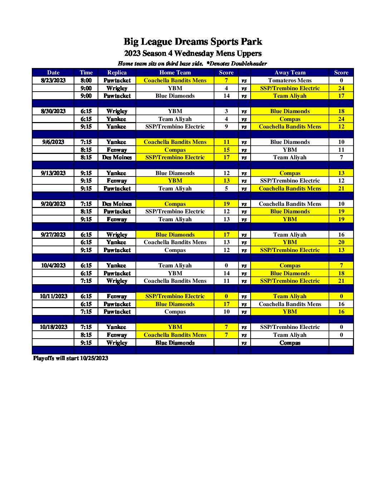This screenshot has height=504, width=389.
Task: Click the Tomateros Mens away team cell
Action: (x=290, y=81)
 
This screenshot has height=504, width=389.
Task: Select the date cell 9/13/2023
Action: (x=53, y=173)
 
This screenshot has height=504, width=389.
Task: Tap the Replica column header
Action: (x=117, y=73)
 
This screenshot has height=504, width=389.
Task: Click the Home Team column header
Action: (x=175, y=73)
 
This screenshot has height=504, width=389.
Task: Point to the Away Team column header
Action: (x=290, y=73)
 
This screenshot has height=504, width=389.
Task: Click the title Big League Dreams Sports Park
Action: (x=193, y=42)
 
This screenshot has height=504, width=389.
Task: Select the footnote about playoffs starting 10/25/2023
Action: (x=70, y=358)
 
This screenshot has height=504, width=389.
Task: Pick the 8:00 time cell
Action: (x=86, y=81)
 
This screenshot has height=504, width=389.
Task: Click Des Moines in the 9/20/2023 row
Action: (x=117, y=204)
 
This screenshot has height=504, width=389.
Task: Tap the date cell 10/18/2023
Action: (x=53, y=327)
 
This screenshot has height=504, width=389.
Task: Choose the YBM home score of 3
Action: (x=226, y=111)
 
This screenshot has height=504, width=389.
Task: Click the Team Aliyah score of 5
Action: (x=226, y=189)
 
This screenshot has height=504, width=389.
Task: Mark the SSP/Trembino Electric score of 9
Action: (x=226, y=127)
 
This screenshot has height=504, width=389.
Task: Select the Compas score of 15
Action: (x=226, y=150)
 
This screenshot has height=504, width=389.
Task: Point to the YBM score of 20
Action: (x=341, y=242)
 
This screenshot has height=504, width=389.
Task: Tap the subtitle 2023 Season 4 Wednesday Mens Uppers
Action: (x=193, y=54)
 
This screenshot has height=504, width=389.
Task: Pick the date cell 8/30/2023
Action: (x=53, y=111)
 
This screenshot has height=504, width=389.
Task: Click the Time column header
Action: (x=86, y=73)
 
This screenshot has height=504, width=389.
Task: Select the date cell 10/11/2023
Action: (x=53, y=296)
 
